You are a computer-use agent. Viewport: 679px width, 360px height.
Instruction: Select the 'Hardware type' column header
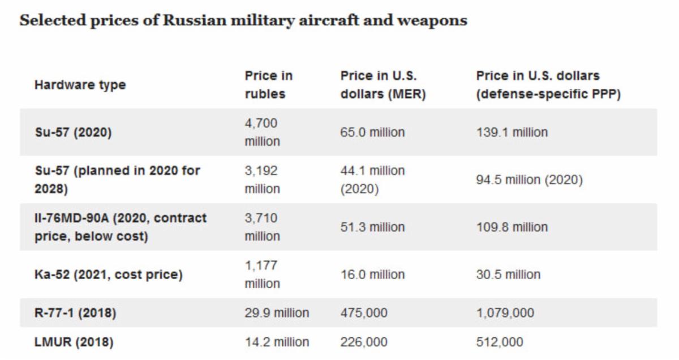click(x=80, y=85)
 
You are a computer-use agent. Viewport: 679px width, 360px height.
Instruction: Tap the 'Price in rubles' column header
click(x=269, y=85)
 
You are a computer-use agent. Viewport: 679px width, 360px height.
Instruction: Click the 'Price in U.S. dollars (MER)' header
click(x=383, y=85)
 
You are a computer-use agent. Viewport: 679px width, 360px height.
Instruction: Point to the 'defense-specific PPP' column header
click(x=548, y=85)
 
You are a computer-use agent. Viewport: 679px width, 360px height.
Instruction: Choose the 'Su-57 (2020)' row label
click(x=73, y=132)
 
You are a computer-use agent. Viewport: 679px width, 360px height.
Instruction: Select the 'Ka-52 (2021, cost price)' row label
click(x=109, y=275)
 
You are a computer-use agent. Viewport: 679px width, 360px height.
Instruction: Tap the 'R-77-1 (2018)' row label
click(x=75, y=312)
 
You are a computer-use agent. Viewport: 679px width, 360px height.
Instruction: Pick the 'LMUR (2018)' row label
click(x=74, y=342)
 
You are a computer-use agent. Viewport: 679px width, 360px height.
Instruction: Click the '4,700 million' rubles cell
click(x=262, y=132)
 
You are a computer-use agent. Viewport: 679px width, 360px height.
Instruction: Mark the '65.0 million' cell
click(x=372, y=132)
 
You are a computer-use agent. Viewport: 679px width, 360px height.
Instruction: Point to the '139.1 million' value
click(x=512, y=132)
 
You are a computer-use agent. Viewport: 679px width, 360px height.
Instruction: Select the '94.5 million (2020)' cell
click(x=529, y=180)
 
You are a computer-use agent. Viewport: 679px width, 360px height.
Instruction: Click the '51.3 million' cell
click(x=372, y=227)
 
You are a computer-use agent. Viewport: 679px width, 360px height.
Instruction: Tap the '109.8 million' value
click(x=512, y=227)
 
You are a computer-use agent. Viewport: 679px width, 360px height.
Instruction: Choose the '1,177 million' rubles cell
click(x=262, y=275)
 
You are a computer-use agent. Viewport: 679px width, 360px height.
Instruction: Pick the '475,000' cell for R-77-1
click(x=364, y=312)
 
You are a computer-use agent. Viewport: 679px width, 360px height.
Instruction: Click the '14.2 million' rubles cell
click(x=277, y=342)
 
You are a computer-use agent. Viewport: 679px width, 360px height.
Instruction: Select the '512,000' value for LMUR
click(x=500, y=342)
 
